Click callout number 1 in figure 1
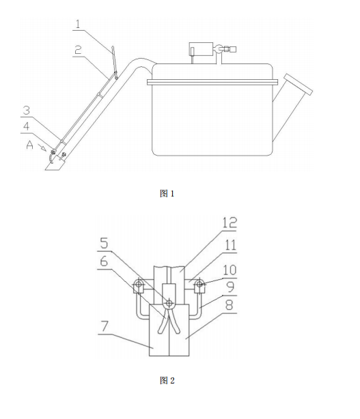tap(78, 25)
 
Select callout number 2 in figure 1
tap(78, 50)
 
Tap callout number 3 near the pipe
tap(26, 110)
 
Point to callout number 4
tap(26, 126)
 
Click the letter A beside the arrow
tap(29, 145)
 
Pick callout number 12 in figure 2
tap(230, 222)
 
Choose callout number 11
tap(230, 245)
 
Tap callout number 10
tap(230, 270)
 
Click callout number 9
tap(230, 287)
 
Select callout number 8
tap(230, 304)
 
